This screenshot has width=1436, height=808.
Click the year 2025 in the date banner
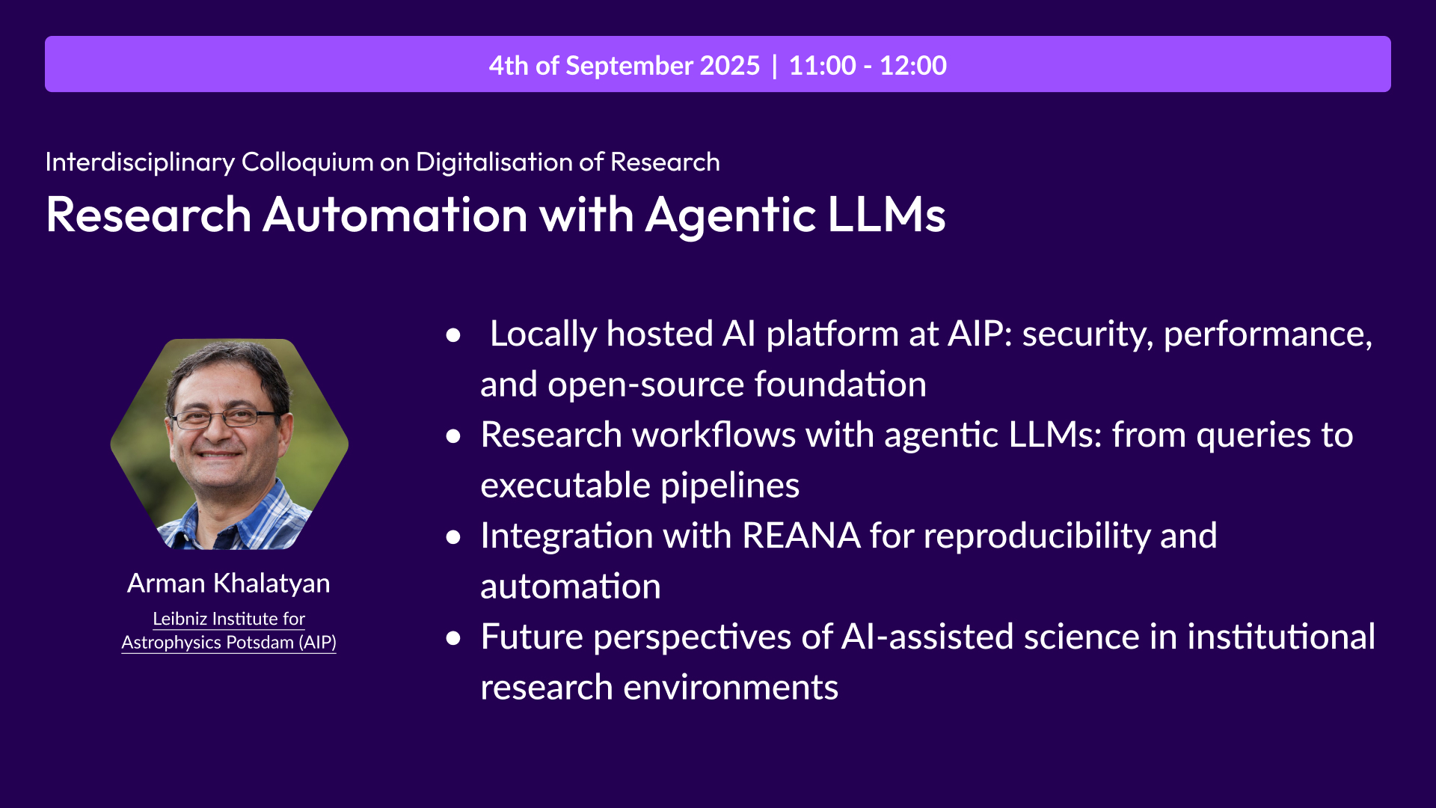(x=729, y=66)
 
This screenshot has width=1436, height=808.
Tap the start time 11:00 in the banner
(x=822, y=66)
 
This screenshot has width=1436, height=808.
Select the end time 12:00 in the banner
(x=912, y=66)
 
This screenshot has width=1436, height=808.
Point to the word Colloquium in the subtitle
(x=307, y=162)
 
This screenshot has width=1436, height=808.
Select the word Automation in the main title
(x=396, y=215)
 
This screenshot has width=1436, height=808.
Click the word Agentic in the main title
(x=730, y=215)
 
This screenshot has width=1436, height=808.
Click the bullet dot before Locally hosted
(x=453, y=335)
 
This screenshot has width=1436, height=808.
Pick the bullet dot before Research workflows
(x=453, y=436)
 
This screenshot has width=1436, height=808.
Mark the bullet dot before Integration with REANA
(x=453, y=537)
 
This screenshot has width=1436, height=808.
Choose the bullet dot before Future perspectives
(x=453, y=638)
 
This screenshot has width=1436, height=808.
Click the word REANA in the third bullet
(x=801, y=536)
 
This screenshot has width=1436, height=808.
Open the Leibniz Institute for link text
(x=229, y=619)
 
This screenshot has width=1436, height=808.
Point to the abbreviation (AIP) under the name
(x=317, y=643)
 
